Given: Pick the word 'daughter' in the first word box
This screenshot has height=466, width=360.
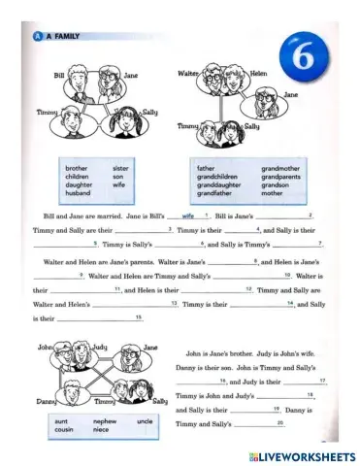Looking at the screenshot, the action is coord(76,184).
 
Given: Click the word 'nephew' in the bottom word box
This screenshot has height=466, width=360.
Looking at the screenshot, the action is coord(104,421).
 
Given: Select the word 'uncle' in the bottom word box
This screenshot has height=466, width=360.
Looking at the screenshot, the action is coord(145,421).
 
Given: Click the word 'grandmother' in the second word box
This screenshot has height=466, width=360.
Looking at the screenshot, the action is coord(279,167).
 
